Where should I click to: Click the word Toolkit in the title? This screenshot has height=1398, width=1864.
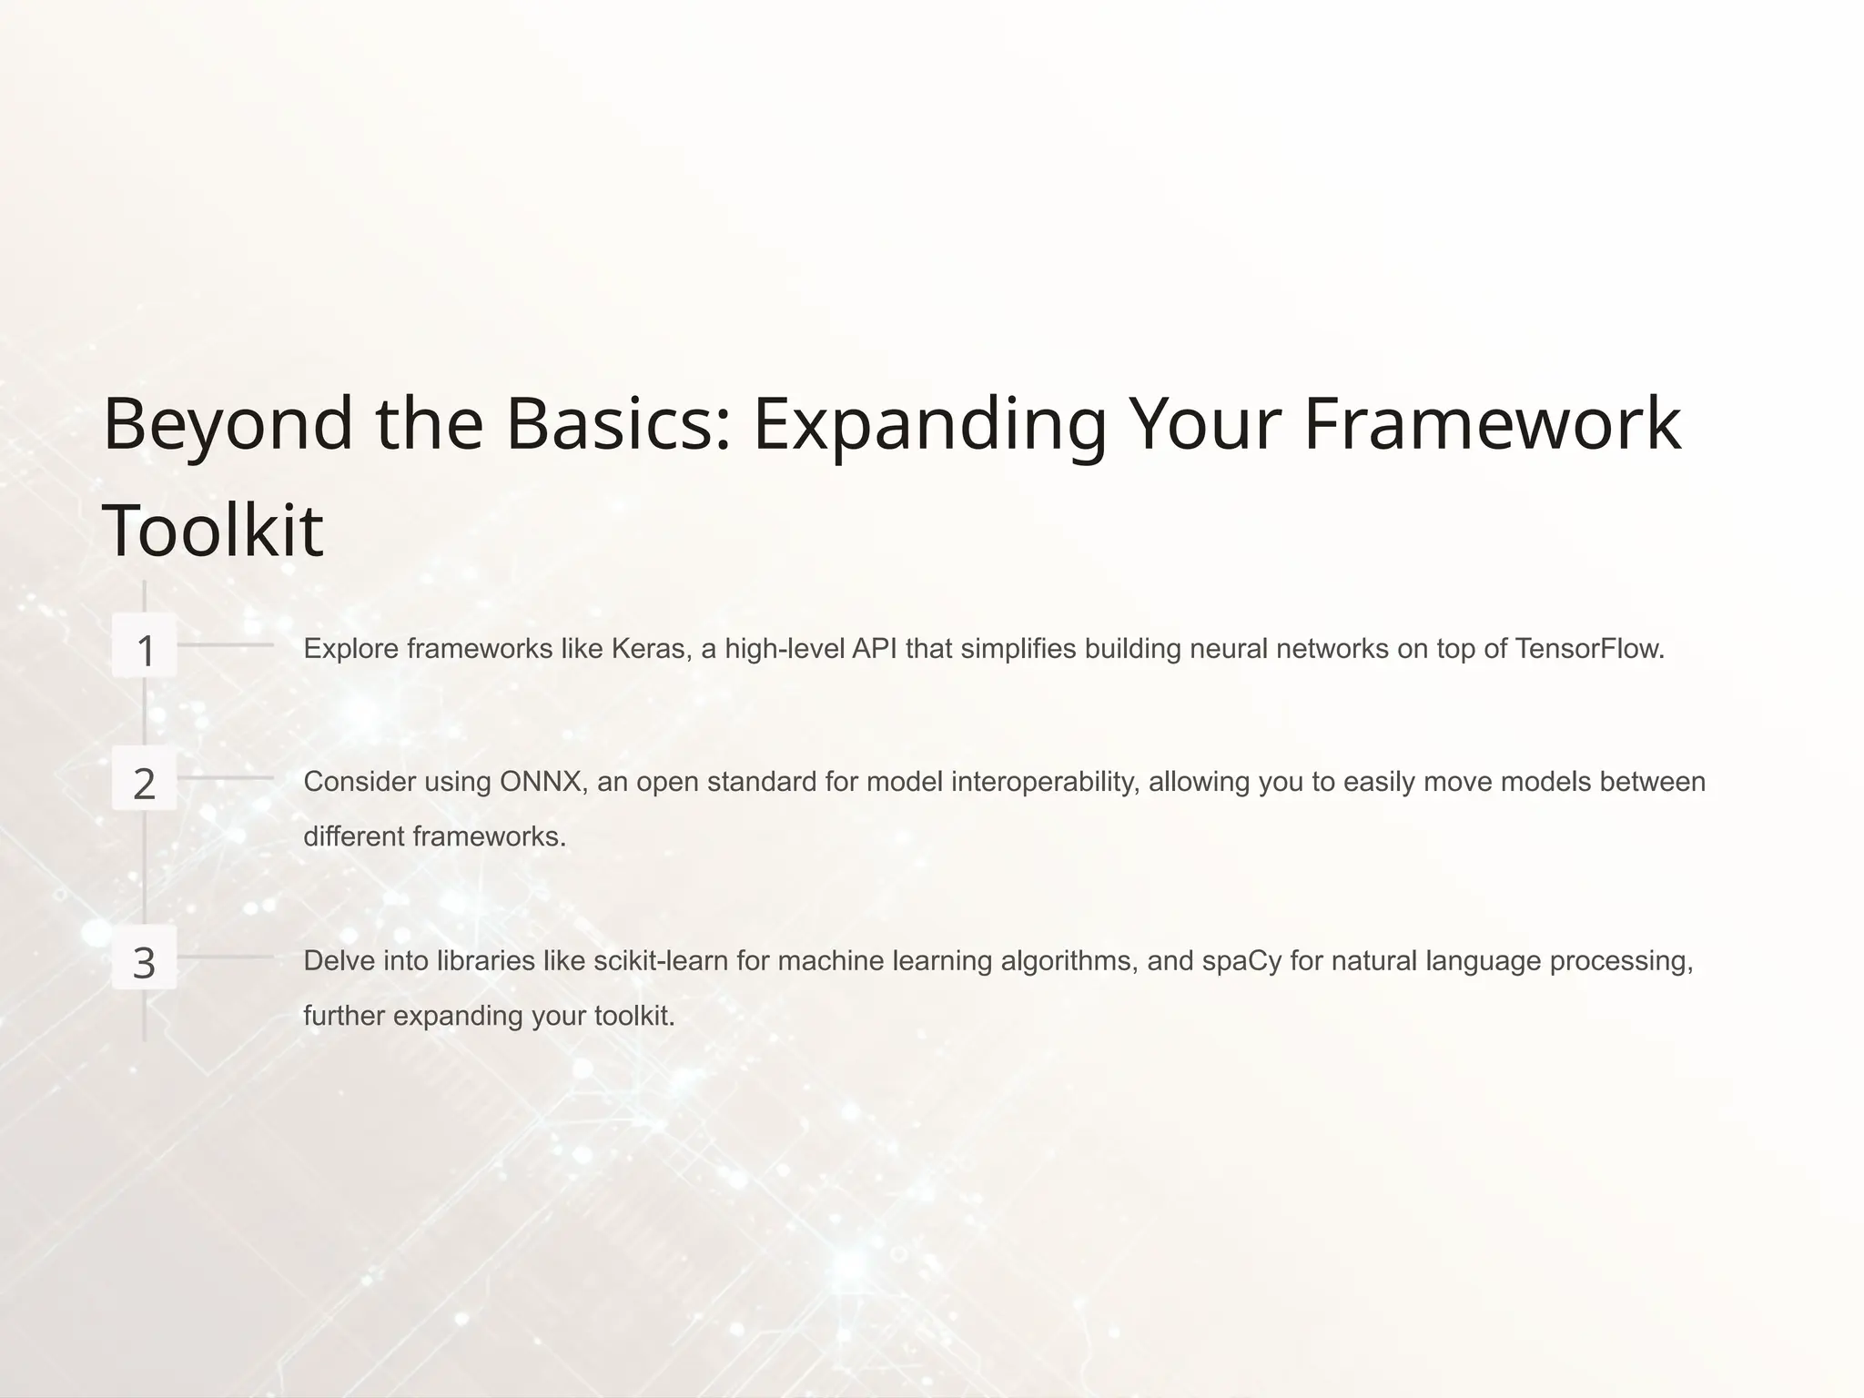(x=213, y=531)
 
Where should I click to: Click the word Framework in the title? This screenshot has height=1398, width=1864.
(x=1492, y=423)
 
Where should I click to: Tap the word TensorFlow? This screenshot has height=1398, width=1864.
(x=1589, y=649)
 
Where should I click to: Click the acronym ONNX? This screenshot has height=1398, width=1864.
(x=542, y=782)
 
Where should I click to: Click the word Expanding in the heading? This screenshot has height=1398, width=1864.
(x=929, y=425)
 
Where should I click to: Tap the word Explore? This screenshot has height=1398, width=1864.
(x=350, y=649)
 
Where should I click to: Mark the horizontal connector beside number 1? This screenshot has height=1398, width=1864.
(x=225, y=644)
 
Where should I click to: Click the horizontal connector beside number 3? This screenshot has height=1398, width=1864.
(x=225, y=957)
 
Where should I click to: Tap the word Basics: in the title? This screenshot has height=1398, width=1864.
(x=619, y=425)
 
